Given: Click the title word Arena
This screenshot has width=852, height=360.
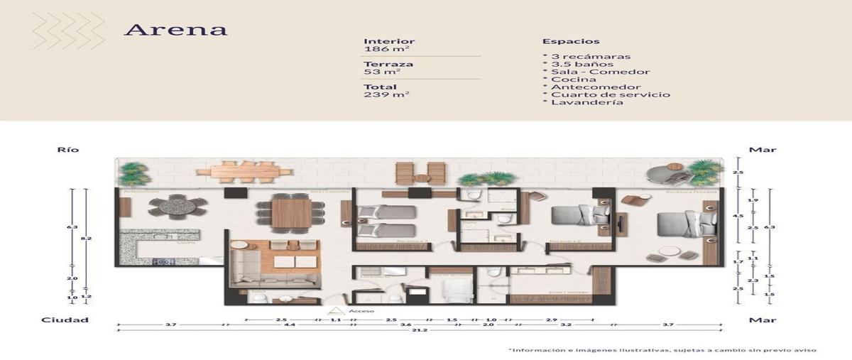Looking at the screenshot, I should [x=175, y=30].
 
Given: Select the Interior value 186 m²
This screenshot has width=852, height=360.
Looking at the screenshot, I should [x=383, y=50].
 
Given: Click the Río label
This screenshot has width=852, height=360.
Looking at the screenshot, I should [x=68, y=150].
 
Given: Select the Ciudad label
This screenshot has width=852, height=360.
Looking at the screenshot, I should [x=65, y=320].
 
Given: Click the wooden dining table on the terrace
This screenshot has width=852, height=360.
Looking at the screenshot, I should [x=244, y=171].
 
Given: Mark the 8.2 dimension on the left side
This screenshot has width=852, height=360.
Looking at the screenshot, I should [x=86, y=240].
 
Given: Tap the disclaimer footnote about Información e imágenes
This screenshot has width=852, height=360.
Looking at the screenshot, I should [x=662, y=350].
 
